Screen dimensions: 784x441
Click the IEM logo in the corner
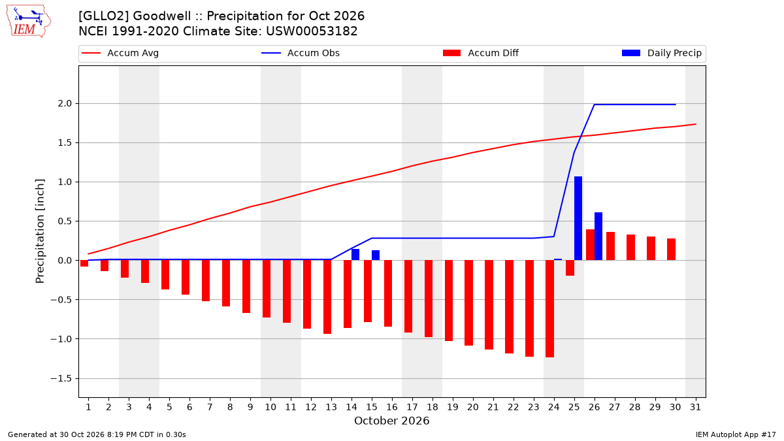[x=29, y=22]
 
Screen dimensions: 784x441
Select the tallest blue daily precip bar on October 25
[x=578, y=218]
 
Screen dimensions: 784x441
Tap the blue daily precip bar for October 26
[x=598, y=237]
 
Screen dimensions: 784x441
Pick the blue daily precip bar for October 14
[x=355, y=254]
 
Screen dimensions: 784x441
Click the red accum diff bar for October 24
[x=550, y=308]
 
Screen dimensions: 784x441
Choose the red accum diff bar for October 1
[x=84, y=263]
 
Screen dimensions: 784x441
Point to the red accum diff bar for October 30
[x=672, y=250]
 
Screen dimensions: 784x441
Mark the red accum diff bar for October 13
[x=327, y=297]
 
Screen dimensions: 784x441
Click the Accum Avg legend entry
[x=120, y=53]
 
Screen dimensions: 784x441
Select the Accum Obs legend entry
[x=301, y=53]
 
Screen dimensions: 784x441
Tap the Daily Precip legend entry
[x=662, y=53]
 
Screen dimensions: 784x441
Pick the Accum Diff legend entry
[x=481, y=53]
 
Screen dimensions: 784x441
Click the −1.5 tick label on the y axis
[x=61, y=379]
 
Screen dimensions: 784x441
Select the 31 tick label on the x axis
[x=695, y=408]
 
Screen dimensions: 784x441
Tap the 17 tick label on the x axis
[x=412, y=408]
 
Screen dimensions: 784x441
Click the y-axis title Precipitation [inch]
[x=41, y=231]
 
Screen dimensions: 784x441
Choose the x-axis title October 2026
[x=391, y=421]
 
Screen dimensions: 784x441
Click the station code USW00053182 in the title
[x=312, y=31]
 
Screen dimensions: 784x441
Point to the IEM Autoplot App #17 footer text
[x=736, y=434]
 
